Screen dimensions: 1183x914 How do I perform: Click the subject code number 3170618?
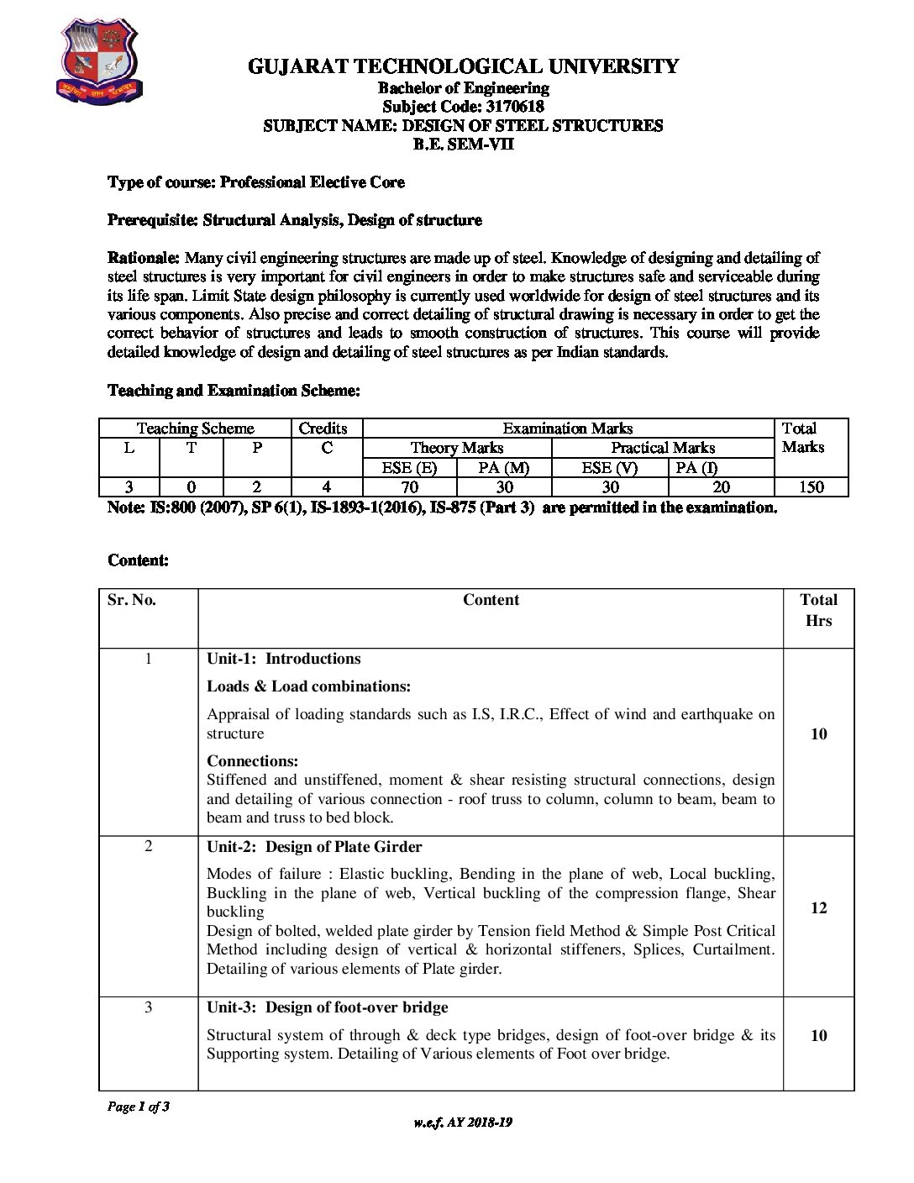click(x=514, y=107)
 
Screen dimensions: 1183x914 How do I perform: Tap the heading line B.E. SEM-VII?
click(x=463, y=144)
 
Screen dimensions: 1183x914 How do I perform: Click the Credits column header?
click(x=323, y=429)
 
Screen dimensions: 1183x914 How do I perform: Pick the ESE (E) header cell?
click(x=409, y=468)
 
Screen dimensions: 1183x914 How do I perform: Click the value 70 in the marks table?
click(x=410, y=487)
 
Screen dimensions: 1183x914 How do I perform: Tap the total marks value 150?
click(x=811, y=487)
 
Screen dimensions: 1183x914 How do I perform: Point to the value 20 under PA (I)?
click(x=721, y=487)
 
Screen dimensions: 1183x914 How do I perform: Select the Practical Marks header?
click(x=663, y=448)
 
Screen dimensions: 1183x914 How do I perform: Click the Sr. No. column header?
click(x=132, y=600)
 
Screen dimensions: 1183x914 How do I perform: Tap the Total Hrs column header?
click(x=818, y=610)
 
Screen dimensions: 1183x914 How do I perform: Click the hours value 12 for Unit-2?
click(x=818, y=908)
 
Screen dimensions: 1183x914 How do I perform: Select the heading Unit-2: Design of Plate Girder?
click(x=314, y=847)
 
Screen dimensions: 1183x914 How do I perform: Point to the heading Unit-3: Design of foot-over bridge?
click(x=328, y=1007)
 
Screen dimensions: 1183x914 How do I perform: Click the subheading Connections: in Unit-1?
click(x=253, y=761)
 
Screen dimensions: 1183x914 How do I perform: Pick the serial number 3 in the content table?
click(x=149, y=1007)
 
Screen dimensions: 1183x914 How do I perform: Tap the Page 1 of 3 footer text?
click(x=139, y=1107)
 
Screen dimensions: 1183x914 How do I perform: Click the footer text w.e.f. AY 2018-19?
click(x=463, y=1123)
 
